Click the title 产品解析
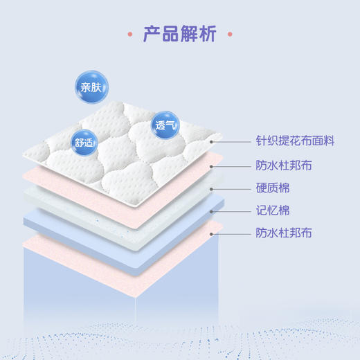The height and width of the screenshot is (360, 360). click(180, 34)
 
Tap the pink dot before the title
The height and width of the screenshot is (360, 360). click(131, 34)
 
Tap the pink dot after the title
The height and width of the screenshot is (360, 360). click(230, 34)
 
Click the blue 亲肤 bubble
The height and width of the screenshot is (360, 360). click(89, 88)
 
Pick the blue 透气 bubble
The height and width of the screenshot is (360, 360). click(166, 126)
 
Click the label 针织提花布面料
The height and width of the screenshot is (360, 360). click(295, 141)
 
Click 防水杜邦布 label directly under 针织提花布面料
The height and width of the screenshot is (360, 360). click(284, 165)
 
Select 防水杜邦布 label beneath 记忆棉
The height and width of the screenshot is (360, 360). click(284, 234)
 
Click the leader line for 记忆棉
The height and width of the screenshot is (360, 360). click(232, 211)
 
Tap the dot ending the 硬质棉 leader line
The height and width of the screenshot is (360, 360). click(211, 188)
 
